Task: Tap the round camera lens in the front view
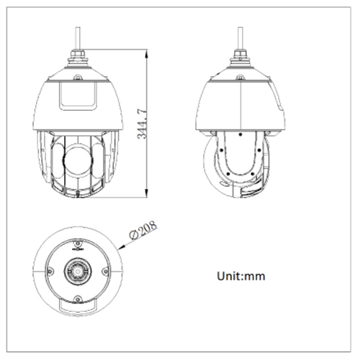click(78, 158)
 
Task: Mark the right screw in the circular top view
click(104, 271)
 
